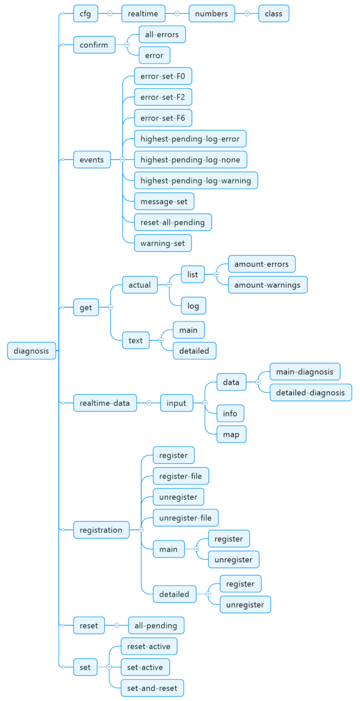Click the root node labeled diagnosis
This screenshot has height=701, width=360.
(x=31, y=351)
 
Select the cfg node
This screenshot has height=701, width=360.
(x=85, y=14)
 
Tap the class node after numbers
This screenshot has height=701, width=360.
(x=273, y=14)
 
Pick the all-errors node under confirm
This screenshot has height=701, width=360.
(x=162, y=35)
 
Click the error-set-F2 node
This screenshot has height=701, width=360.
(x=163, y=97)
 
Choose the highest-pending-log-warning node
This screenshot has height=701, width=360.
(x=196, y=181)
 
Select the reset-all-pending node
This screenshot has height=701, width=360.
(x=173, y=223)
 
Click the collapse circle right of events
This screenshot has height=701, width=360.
(x=123, y=159)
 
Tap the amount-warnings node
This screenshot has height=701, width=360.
(x=267, y=285)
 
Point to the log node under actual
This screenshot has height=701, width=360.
(x=193, y=306)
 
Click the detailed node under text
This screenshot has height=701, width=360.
(x=194, y=351)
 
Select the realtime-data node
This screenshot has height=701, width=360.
(x=105, y=403)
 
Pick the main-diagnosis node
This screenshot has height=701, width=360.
(x=305, y=372)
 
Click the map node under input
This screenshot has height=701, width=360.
(x=231, y=434)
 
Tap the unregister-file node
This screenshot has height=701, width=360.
(x=185, y=518)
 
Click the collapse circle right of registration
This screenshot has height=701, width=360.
(x=141, y=530)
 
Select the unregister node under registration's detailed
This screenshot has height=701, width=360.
(x=245, y=605)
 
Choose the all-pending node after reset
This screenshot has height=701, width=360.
(x=156, y=625)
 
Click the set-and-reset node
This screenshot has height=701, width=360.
(x=152, y=688)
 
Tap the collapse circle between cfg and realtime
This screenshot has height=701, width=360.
(x=110, y=14)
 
